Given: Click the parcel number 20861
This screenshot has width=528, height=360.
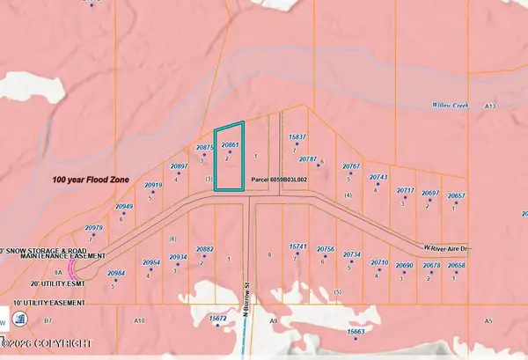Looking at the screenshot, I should tap(230, 144).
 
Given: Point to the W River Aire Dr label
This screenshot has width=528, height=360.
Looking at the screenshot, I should tap(449, 249).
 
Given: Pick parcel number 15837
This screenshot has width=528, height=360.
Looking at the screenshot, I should tap(297, 137).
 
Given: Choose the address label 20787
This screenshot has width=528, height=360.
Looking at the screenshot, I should tap(308, 159).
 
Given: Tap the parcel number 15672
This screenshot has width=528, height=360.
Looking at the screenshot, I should tap(219, 316).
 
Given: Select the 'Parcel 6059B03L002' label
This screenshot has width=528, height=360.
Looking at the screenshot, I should tap(279, 179).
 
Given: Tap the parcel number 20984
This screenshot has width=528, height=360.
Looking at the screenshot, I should tap(116, 273).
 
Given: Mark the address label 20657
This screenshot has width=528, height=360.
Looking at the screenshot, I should tap(456, 195).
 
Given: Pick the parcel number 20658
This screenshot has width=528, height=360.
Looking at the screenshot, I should tap(456, 265).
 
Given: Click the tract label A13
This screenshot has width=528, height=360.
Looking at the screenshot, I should tap(490, 106).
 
